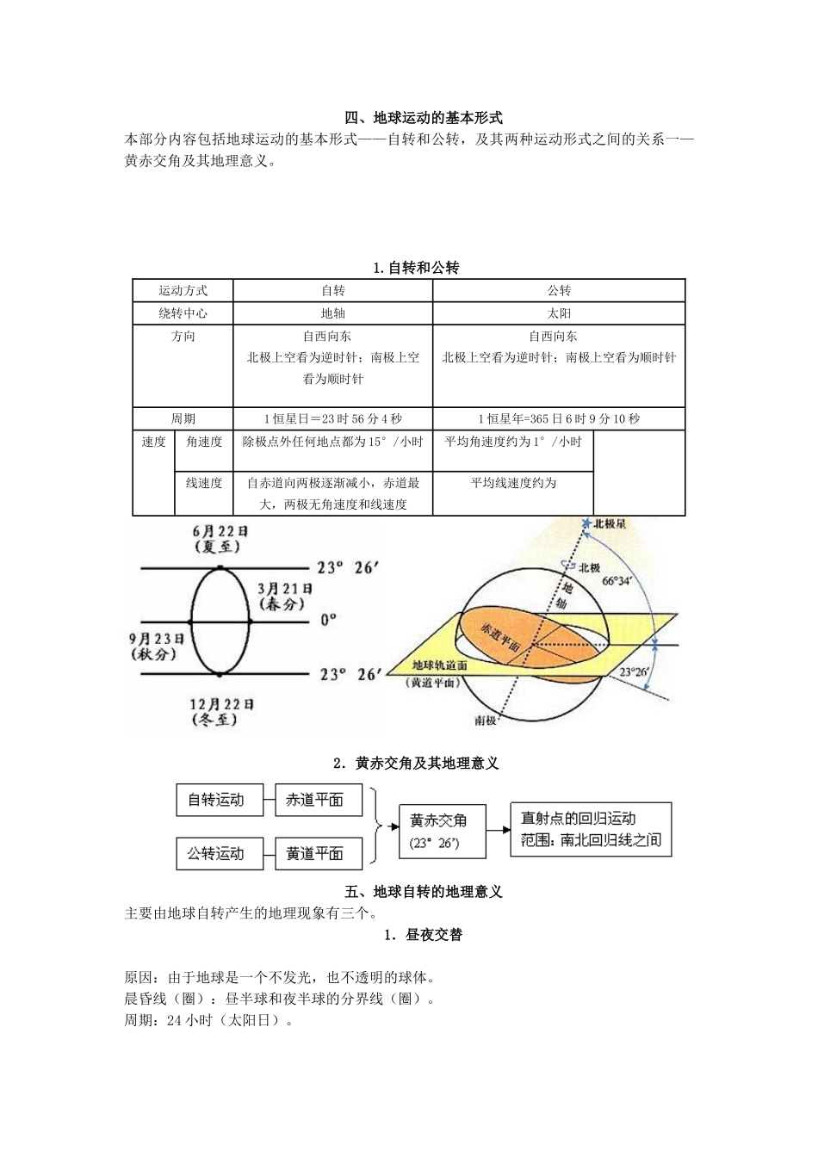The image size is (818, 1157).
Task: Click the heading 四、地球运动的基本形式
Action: [423, 118]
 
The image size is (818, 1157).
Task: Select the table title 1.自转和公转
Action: [416, 268]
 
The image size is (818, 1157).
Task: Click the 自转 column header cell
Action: [332, 291]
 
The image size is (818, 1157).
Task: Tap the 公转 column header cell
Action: [559, 291]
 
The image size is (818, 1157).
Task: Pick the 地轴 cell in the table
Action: [332, 313]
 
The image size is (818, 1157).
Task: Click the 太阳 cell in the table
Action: [559, 313]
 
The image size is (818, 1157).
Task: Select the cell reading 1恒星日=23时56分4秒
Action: [332, 418]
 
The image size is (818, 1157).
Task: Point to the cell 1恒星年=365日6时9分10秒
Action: [559, 418]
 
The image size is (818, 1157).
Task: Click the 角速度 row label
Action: [204, 442]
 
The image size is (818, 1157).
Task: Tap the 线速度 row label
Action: [204, 483]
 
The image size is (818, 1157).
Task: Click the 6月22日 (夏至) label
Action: [219, 539]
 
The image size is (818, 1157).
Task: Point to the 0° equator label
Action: [328, 619]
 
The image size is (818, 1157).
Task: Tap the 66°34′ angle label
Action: [617, 581]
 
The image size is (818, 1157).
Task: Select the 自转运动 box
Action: [216, 800]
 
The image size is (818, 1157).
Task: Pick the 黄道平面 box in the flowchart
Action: [314, 853]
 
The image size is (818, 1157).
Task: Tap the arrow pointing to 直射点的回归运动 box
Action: [499, 830]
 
